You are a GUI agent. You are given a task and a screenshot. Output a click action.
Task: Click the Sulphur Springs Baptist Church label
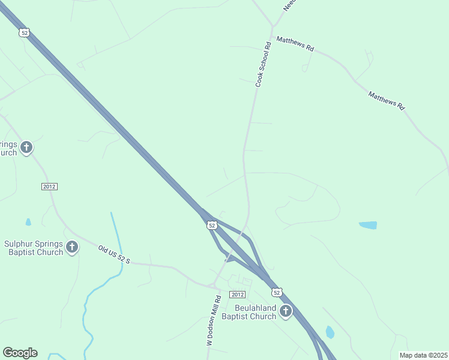pyautogui.click(x=34, y=248)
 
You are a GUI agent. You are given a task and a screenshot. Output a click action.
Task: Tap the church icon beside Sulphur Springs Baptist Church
pyautogui.click(x=72, y=247)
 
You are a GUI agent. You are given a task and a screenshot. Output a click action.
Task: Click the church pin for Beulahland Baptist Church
pyautogui.click(x=286, y=311)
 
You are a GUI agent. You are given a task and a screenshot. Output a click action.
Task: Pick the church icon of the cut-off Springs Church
pyautogui.click(x=26, y=147)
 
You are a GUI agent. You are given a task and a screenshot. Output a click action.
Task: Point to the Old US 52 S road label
pyautogui.click(x=114, y=254)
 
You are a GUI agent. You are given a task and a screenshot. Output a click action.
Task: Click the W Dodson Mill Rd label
pyautogui.click(x=214, y=320)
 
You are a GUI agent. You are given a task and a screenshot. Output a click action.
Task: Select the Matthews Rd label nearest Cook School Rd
pyautogui.click(x=295, y=44)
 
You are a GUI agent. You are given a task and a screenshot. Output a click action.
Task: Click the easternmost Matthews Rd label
pyautogui.click(x=387, y=100)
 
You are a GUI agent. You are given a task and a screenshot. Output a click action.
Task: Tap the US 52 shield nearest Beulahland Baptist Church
pyautogui.click(x=276, y=292)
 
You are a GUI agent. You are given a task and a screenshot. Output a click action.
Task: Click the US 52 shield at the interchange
pyautogui.click(x=211, y=225)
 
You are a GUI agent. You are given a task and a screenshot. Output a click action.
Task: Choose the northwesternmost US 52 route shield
pyautogui.click(x=24, y=33)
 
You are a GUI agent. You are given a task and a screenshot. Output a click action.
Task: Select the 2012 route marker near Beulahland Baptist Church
pyautogui.click(x=238, y=294)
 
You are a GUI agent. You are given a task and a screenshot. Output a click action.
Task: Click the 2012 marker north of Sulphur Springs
pyautogui.click(x=49, y=187)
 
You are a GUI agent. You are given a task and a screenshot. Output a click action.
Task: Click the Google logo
pyautogui.click(x=20, y=353)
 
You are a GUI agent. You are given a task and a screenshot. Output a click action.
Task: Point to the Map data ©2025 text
pyautogui.click(x=423, y=355)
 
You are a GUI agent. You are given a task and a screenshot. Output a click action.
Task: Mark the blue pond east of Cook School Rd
pyautogui.click(x=368, y=226)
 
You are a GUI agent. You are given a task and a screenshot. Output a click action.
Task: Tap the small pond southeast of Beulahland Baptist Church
pyautogui.click(x=330, y=332)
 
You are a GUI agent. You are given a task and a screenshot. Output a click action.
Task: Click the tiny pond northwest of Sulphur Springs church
pyautogui.click(x=28, y=222)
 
